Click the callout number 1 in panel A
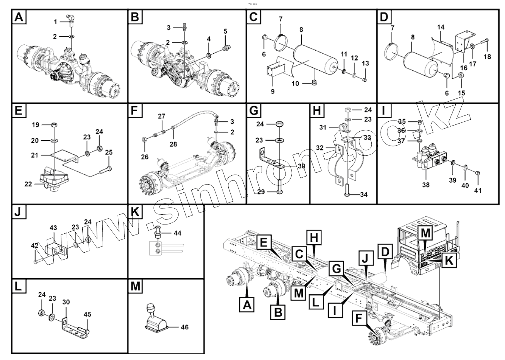coord(55,21)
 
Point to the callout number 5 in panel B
coord(226,31)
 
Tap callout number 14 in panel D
coord(441,27)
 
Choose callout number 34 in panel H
coord(363,194)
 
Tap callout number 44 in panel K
coord(177,233)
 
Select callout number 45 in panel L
coord(88,314)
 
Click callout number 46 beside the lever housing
coord(185,327)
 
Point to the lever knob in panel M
coord(150,309)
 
